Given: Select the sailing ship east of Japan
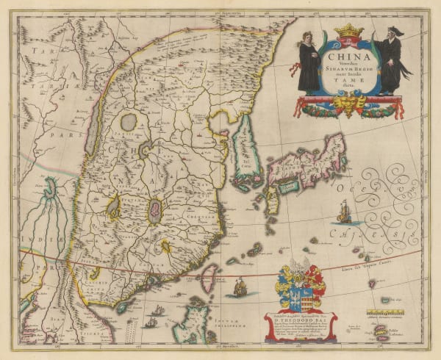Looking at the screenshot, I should pyautogui.click(x=343, y=213).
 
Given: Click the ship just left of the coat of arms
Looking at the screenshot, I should pyautogui.click(x=240, y=287).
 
